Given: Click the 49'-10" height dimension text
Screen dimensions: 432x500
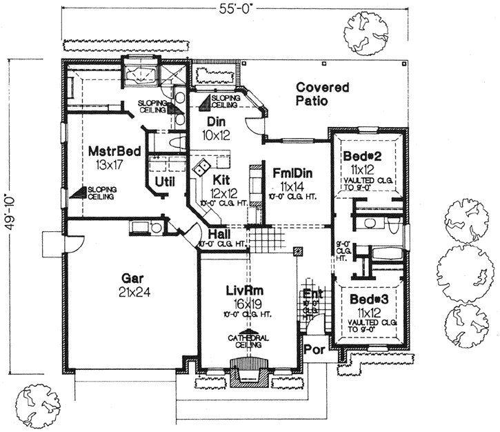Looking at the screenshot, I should pos(9,214).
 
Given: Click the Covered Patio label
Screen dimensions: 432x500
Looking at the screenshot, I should pos(323,94).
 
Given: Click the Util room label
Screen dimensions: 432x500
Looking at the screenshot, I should pos(163,182).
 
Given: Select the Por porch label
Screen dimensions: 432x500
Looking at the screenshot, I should pos(315,349).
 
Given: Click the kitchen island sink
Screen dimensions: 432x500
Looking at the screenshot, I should pos(203,168).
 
